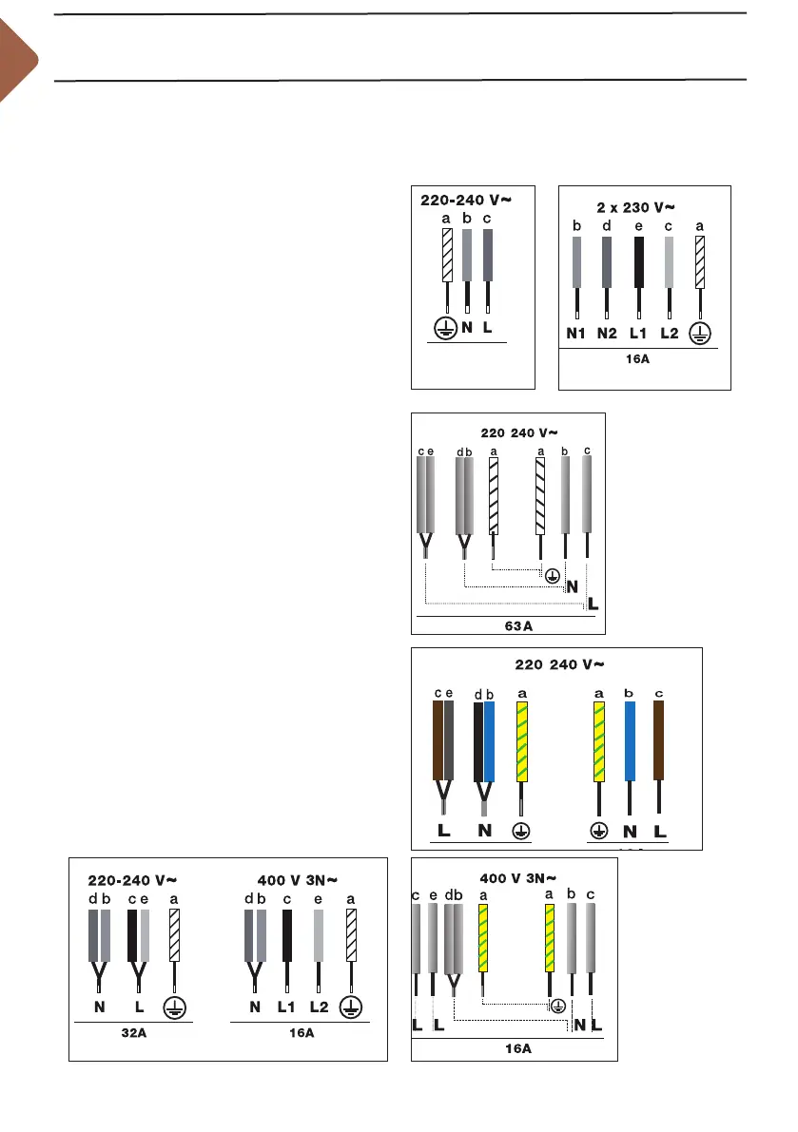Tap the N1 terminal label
[x=577, y=335]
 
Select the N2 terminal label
[x=609, y=335]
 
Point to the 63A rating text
[x=508, y=626]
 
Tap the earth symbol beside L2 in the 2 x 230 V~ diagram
[x=700, y=335]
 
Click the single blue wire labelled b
[x=629, y=741]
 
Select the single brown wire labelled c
[x=659, y=741]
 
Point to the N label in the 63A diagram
[x=573, y=587]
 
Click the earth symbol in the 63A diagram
[x=551, y=574]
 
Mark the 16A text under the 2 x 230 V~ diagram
[x=644, y=362]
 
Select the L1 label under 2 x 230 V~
[x=639, y=335]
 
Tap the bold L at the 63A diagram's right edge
[x=594, y=604]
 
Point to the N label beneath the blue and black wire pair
[x=484, y=831]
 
